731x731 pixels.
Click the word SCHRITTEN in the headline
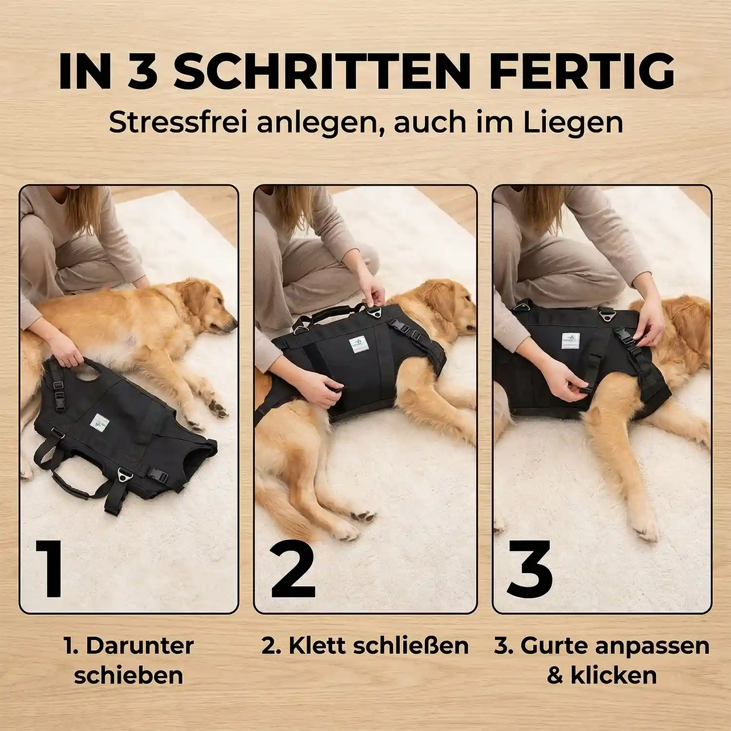point(322,71)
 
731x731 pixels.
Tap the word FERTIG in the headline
point(582,71)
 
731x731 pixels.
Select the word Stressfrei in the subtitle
point(178,122)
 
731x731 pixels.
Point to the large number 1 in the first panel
point(51,569)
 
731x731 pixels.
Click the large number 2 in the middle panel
point(293,570)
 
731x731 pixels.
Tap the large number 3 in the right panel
point(530,569)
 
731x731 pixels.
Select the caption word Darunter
point(140,646)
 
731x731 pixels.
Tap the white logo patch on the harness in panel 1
point(100,421)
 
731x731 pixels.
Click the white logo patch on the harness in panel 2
point(359,345)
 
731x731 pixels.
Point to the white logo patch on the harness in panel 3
point(571,340)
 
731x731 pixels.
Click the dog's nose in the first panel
point(234,322)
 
